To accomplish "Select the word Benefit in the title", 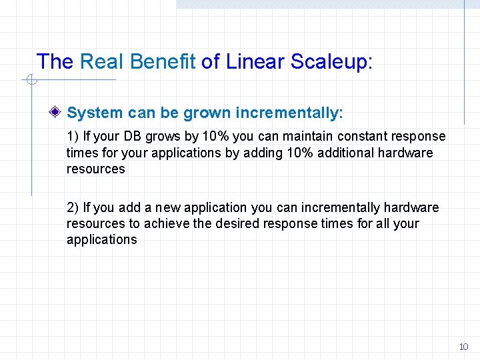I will point(163,62).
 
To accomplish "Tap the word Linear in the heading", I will point(256,62).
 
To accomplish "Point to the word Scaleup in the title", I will point(331,62).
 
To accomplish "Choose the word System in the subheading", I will point(95,113).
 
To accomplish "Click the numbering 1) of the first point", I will point(73,136).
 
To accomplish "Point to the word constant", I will point(363,136).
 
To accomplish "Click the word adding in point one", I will point(273,153).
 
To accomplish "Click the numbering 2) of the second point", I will point(73,207).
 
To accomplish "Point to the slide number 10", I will point(463,347).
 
